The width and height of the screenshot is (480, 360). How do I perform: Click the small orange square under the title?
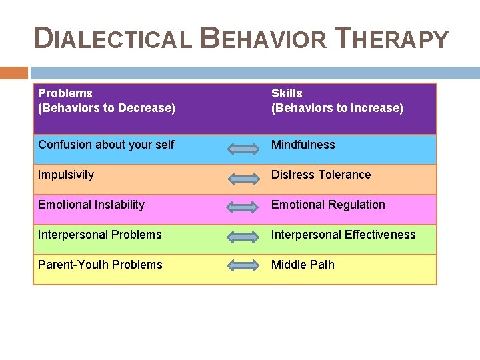point(14,73)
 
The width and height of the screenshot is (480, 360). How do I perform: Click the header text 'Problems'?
point(65,93)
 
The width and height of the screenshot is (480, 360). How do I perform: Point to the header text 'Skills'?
point(287,93)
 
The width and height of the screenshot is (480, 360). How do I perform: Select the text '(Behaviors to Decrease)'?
point(107,108)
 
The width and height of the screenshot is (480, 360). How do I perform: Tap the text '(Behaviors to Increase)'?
point(337,108)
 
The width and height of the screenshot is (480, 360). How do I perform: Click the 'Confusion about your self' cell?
point(106,145)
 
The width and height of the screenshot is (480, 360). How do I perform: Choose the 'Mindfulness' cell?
point(303,145)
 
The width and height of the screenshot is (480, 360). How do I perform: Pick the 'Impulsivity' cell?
point(66,175)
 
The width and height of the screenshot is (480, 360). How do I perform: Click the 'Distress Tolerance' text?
point(321,175)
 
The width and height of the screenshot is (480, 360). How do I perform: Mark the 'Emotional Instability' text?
point(91,205)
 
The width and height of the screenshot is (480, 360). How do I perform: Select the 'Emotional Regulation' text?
point(328,205)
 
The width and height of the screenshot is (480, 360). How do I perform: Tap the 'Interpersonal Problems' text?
point(100,235)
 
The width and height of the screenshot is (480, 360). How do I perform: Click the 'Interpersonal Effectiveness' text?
point(343,235)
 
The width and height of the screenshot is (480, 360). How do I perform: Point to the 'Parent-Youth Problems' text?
point(100,265)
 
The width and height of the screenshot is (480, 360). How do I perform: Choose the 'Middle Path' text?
point(303,265)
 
